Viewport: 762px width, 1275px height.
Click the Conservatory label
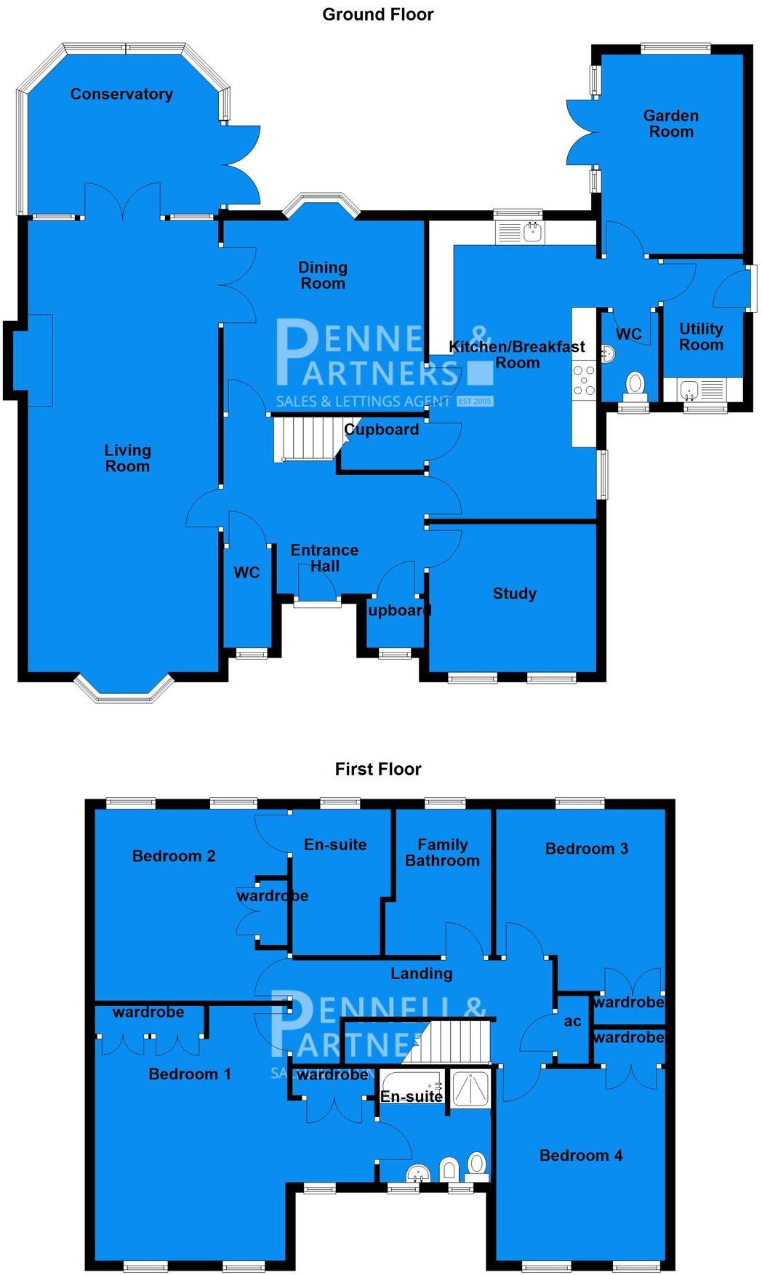click(121, 94)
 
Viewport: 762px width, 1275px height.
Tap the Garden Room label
click(670, 124)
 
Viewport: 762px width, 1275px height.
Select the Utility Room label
click(701, 337)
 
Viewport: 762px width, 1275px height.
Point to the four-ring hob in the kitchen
click(584, 380)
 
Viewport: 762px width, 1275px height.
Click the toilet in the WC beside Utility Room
click(635, 383)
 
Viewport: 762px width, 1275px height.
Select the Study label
click(514, 593)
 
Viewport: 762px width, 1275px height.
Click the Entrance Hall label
click(324, 558)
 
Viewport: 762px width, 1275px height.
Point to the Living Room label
click(127, 458)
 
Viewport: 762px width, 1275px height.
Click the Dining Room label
click(323, 276)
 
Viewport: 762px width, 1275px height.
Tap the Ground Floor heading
click(378, 15)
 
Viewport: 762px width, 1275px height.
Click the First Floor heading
click(378, 769)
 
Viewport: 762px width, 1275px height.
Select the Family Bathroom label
click(442, 852)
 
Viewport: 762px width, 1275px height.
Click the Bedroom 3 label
click(586, 849)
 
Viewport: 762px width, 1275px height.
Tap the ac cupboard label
click(572, 1021)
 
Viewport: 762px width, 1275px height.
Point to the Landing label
click(421, 973)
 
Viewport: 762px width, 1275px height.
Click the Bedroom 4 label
click(580, 1155)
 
